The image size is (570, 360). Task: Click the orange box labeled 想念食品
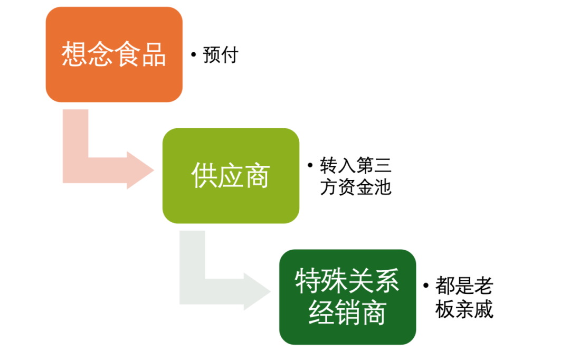[x=114, y=54]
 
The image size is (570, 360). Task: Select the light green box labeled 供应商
[x=231, y=176]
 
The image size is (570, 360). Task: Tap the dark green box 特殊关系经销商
[x=347, y=297]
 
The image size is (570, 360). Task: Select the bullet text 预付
[x=221, y=55]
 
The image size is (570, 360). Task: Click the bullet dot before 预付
[x=194, y=54]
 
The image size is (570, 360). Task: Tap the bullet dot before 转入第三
[x=310, y=165]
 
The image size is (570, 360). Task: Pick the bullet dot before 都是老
[x=426, y=286]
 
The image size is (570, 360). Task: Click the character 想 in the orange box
[x=74, y=54]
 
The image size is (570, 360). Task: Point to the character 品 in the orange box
[x=154, y=54]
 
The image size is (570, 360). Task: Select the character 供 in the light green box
[x=204, y=176]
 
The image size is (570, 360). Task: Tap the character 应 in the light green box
[x=231, y=176]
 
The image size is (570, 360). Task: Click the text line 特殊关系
[x=347, y=281]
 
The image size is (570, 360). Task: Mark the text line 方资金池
[x=356, y=187]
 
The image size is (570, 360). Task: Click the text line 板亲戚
[x=464, y=309]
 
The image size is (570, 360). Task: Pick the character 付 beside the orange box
[x=230, y=55]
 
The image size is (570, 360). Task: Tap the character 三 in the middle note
[x=383, y=165]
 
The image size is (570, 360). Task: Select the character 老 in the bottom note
[x=484, y=286]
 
